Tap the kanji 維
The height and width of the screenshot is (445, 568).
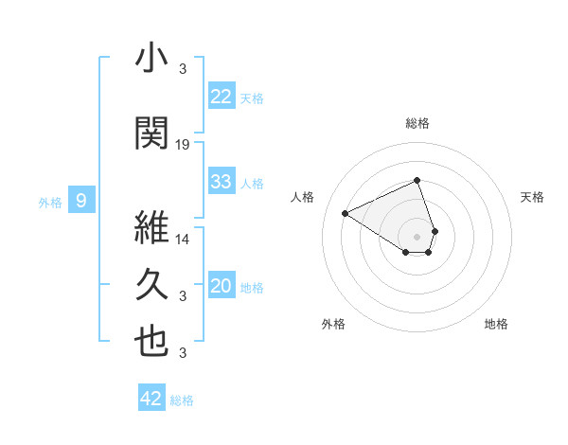click(x=151, y=227)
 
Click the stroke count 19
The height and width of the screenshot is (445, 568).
click(x=183, y=144)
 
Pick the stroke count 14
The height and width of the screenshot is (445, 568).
click(x=183, y=239)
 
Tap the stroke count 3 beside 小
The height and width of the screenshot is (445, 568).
click(x=183, y=68)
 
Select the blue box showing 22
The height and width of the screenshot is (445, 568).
click(x=221, y=97)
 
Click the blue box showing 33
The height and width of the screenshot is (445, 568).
click(x=221, y=182)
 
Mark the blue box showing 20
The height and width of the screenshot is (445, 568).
click(x=221, y=286)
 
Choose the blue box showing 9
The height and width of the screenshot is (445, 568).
click(x=81, y=201)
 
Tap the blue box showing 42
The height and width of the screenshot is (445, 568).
click(x=151, y=399)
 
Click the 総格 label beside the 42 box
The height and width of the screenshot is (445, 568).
click(x=182, y=400)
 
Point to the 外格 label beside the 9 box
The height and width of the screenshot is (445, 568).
click(x=49, y=202)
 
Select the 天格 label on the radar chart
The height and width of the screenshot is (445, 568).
click(x=532, y=197)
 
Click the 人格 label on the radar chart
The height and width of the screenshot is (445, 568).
click(x=303, y=197)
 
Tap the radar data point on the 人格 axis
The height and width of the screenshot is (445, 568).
click(x=346, y=214)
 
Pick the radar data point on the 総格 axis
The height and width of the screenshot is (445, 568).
click(x=417, y=180)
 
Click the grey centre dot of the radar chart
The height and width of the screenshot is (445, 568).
click(x=417, y=236)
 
